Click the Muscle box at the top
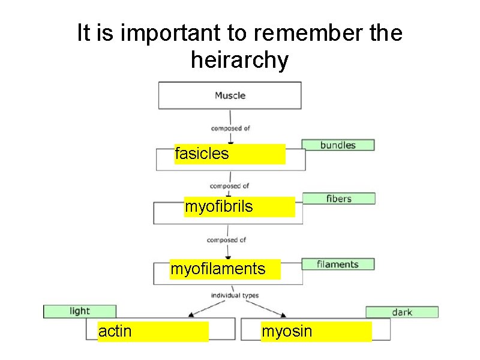pyautogui.click(x=230, y=95)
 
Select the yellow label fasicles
pyautogui.click(x=230, y=154)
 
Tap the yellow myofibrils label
pyautogui.click(x=239, y=207)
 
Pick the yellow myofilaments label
pyautogui.click(x=225, y=269)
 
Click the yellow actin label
pyautogui.click(x=153, y=331)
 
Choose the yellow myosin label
pyautogui.click(x=316, y=331)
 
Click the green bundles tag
pyautogui.click(x=338, y=145)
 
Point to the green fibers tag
pyautogui.click(x=339, y=198)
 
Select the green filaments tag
pyautogui.click(x=338, y=264)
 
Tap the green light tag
pyautogui.click(x=80, y=311)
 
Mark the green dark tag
pyautogui.click(x=402, y=312)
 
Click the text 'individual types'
pyautogui.click(x=234, y=295)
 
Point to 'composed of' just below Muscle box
pyautogui.click(x=230, y=128)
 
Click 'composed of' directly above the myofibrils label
pyautogui.click(x=229, y=186)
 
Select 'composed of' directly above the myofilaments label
pyautogui.click(x=226, y=240)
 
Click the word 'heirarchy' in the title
pyautogui.click(x=239, y=60)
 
